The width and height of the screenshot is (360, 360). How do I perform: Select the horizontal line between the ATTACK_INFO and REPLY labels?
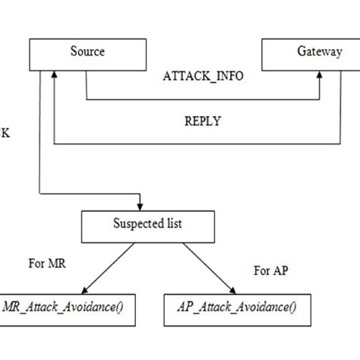[203, 99]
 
